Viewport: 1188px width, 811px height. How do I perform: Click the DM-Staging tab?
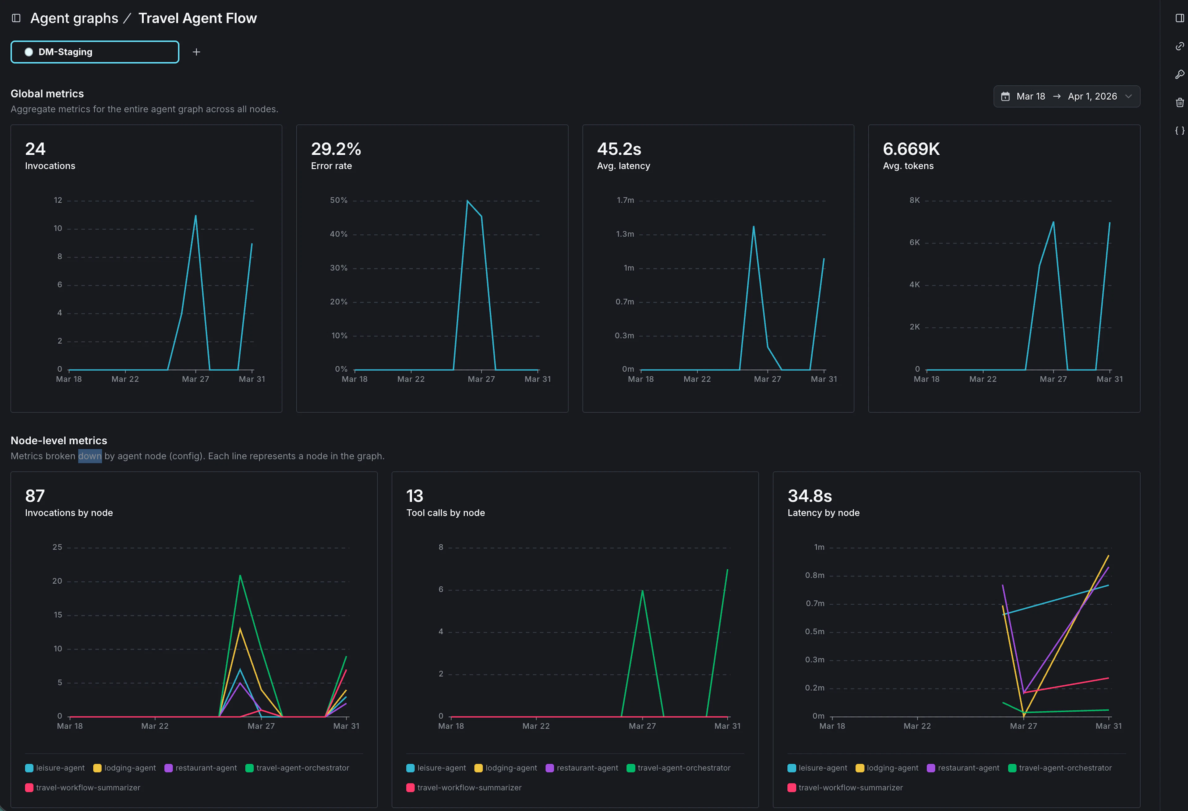click(x=95, y=52)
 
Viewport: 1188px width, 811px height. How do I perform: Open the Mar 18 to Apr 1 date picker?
click(x=1066, y=96)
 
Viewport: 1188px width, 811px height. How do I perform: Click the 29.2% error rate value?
click(x=336, y=149)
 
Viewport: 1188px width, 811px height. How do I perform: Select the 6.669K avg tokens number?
click(x=911, y=149)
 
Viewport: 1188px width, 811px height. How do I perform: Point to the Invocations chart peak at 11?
click(x=195, y=216)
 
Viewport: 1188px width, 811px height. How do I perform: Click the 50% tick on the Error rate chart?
click(x=338, y=200)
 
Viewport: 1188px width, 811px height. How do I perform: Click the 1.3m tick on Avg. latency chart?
click(x=625, y=234)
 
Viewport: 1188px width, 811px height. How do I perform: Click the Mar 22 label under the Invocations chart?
click(x=125, y=379)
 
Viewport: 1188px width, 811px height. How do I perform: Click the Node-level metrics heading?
click(x=59, y=440)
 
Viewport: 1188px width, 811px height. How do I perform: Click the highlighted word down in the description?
click(x=89, y=455)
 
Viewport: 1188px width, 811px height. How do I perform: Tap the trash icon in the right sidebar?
click(x=1179, y=102)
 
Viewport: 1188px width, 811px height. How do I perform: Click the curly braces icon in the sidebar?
click(x=1179, y=130)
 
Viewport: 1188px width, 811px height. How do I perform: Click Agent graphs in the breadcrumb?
click(x=74, y=18)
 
